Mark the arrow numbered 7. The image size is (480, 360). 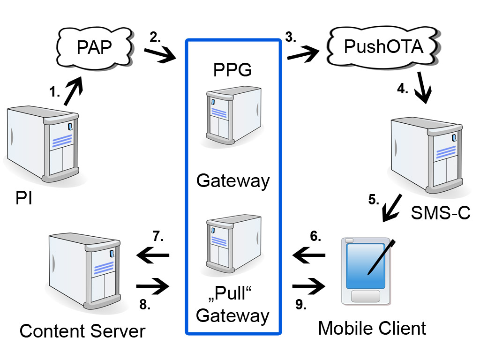[152, 255]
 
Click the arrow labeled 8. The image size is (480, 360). [152, 285]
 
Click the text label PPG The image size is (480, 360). [232, 70]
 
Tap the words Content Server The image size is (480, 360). [82, 331]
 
